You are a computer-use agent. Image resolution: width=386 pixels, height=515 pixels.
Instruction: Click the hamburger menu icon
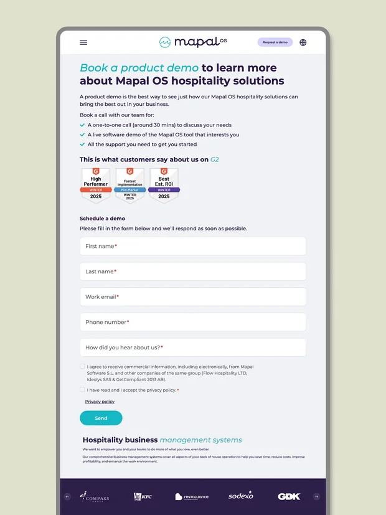83,42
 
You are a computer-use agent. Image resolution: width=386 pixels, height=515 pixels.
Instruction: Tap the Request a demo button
275,42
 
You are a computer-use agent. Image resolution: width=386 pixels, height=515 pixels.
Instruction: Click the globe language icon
303,42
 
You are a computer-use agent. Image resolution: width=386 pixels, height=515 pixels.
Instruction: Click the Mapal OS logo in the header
193,42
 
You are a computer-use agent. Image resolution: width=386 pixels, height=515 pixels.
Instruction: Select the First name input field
192,246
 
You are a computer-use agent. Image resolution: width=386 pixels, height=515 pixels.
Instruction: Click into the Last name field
192,272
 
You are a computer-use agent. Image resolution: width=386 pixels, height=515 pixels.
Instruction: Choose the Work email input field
192,297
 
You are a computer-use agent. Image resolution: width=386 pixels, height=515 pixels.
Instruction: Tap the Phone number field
192,322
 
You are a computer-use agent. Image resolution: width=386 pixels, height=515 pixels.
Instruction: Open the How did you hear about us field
192,347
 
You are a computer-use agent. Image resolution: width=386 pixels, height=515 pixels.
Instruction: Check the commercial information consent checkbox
82,367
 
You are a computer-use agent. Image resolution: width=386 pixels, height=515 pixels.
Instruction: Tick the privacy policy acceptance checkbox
82,390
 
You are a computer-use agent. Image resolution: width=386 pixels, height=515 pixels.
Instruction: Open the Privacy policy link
100,402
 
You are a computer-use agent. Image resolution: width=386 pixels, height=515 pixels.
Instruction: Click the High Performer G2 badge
95,185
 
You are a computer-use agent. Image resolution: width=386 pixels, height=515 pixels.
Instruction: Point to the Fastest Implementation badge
129,185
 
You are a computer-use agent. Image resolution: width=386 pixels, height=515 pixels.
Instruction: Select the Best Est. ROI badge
164,185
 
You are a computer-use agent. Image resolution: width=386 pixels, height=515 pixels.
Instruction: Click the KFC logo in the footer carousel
143,496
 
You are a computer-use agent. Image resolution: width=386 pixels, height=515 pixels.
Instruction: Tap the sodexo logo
240,496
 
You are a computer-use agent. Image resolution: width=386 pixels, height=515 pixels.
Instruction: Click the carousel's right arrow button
316,496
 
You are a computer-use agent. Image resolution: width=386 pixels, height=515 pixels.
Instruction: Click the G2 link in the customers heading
214,159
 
